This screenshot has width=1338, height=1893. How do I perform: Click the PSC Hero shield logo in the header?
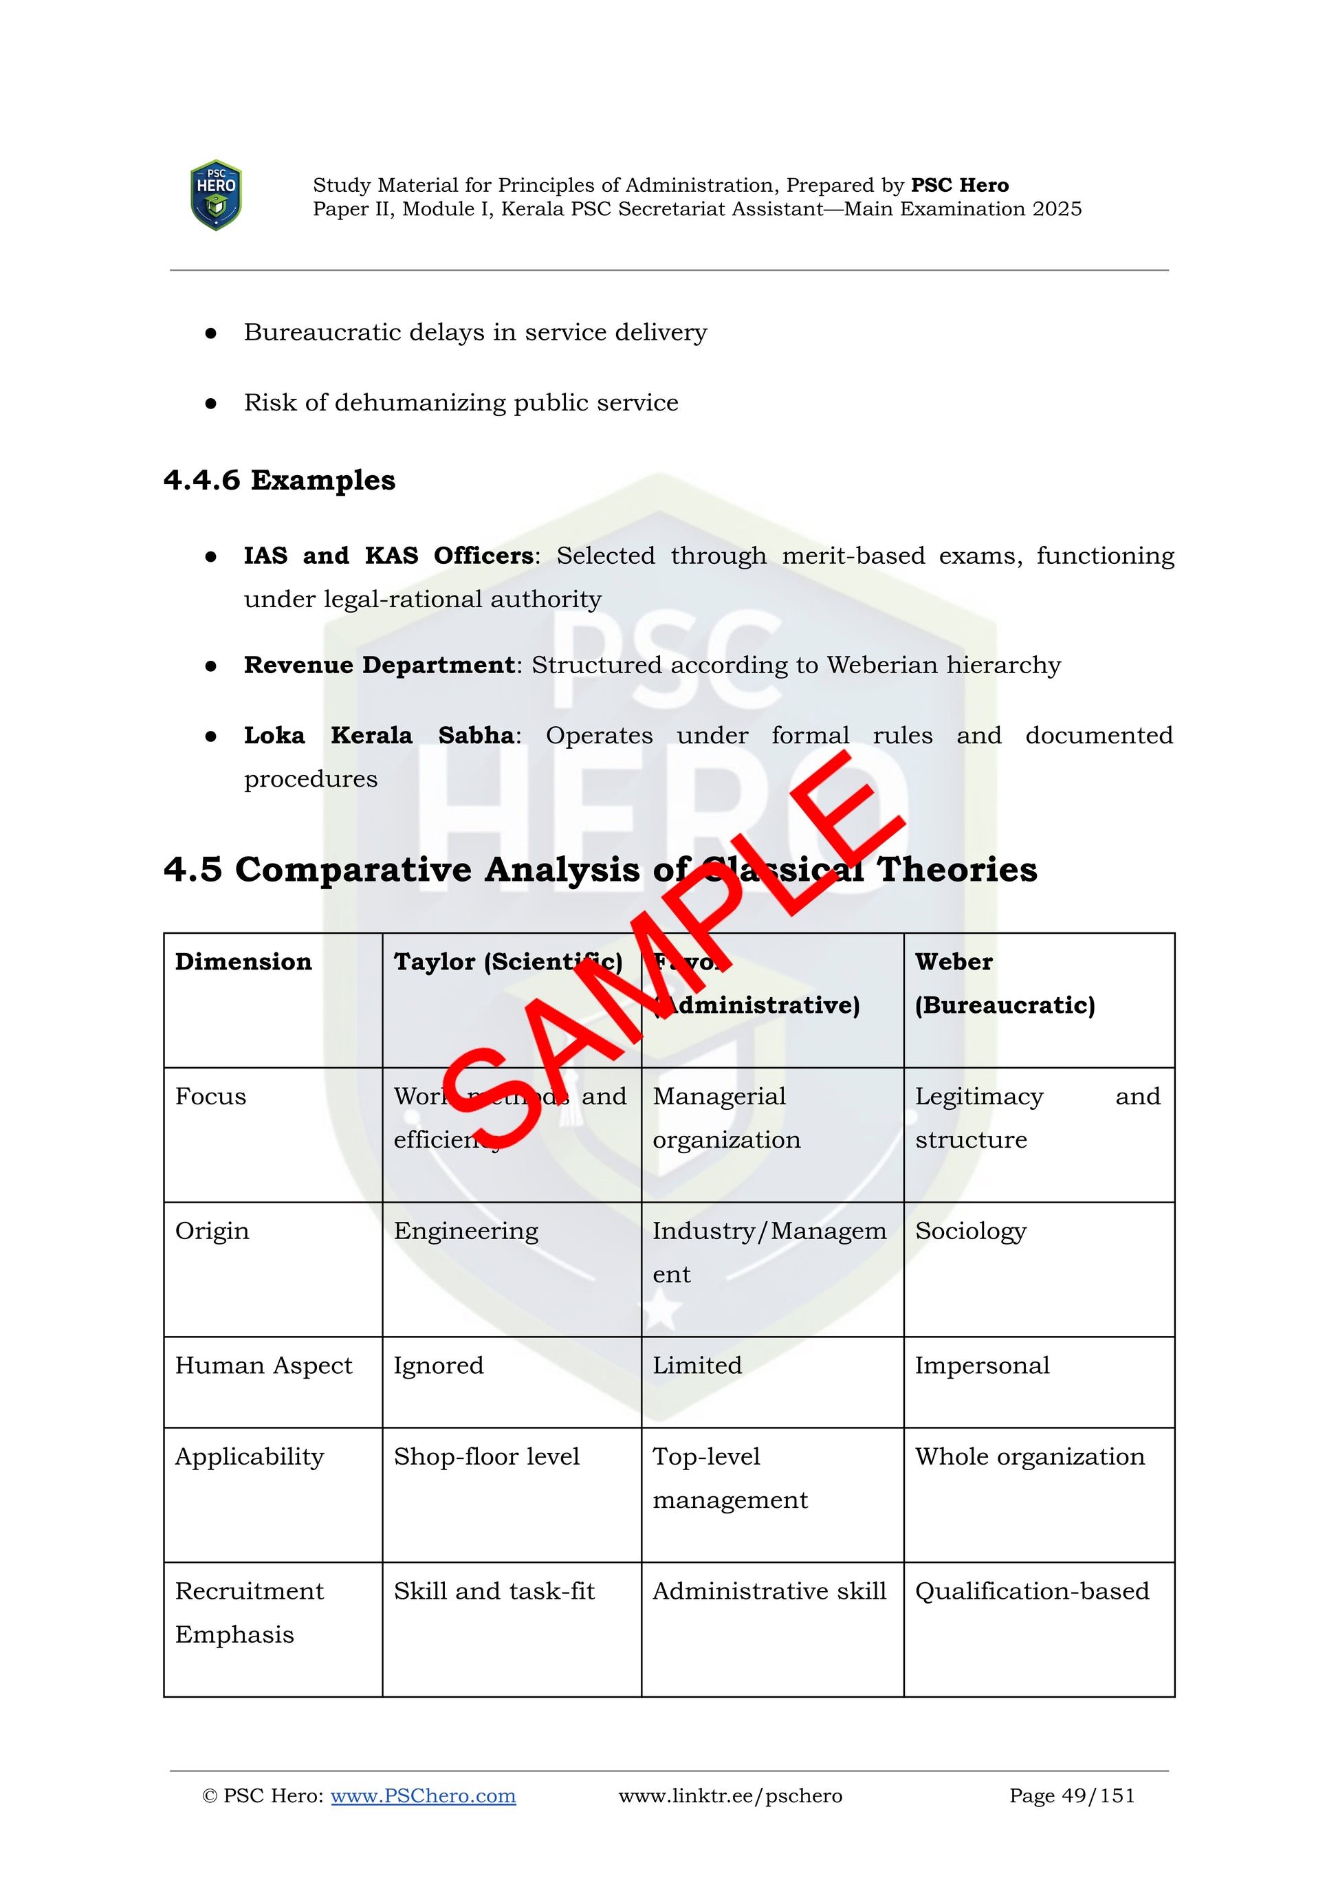(x=216, y=195)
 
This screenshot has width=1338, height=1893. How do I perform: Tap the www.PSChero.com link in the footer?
(x=423, y=1796)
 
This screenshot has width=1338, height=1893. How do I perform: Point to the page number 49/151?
(x=1072, y=1796)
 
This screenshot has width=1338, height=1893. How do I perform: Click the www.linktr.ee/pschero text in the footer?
(x=730, y=1796)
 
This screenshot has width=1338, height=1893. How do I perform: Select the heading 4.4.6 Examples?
(x=279, y=480)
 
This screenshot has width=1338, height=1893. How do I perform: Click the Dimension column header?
(x=243, y=961)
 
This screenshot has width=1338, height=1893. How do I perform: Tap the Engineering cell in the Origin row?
(x=465, y=1231)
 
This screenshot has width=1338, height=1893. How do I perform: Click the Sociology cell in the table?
(x=970, y=1231)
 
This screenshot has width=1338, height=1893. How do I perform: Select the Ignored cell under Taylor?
(x=439, y=1366)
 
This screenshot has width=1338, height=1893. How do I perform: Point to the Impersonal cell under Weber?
(x=982, y=1366)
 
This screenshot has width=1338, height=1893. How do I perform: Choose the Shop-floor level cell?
(x=486, y=1457)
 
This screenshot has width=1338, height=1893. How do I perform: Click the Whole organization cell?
(x=1030, y=1457)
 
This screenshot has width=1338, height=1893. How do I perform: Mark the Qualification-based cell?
(x=1031, y=1591)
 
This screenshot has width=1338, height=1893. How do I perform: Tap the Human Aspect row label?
(x=263, y=1366)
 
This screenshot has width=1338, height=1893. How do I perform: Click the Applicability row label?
(x=249, y=1457)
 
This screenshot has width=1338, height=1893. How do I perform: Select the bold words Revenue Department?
(x=380, y=666)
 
